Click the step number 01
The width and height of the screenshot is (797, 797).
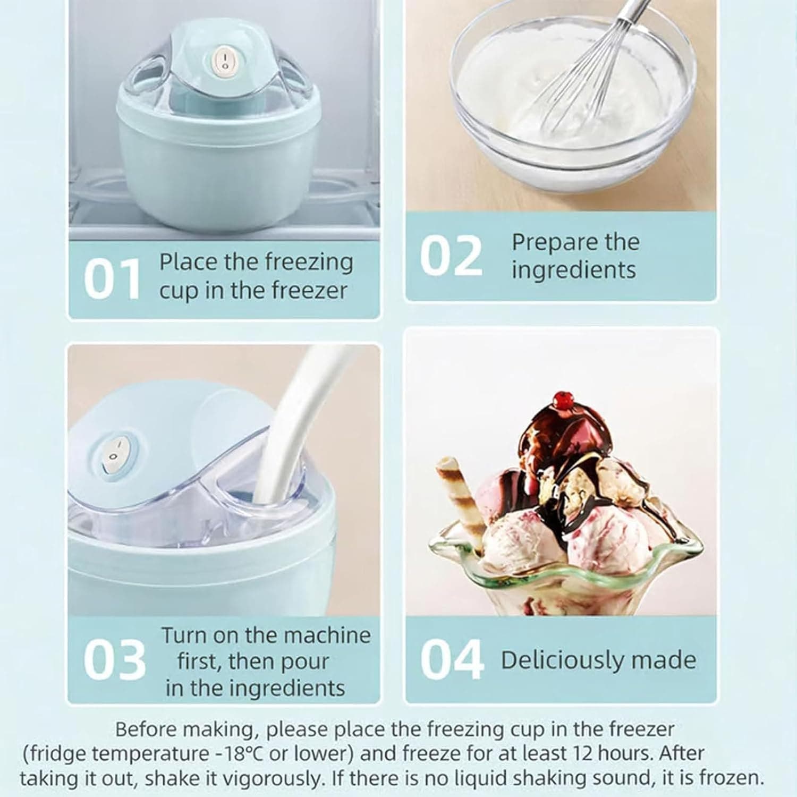click(112, 279)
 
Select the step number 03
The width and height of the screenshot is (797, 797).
click(114, 659)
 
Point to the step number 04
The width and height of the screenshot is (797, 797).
click(452, 659)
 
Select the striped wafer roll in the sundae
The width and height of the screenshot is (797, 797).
click(462, 494)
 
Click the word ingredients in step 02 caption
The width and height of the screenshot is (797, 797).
click(574, 270)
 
